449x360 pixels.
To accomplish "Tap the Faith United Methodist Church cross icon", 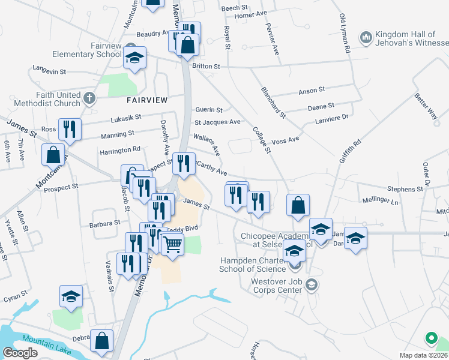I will pyautogui.click(x=89, y=98).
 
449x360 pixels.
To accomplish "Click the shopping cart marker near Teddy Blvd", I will pyautogui.click(x=172, y=244).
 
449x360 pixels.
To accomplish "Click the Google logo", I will pyautogui.click(x=20, y=353).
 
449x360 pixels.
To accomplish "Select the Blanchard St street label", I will pyautogui.click(x=273, y=101).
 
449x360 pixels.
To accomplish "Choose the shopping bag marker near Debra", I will pyautogui.click(x=102, y=340).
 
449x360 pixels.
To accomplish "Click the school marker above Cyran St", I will pyautogui.click(x=71, y=296).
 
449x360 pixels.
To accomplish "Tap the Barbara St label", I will pyautogui.click(x=105, y=223).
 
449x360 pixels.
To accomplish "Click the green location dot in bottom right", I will pyautogui.click(x=430, y=338).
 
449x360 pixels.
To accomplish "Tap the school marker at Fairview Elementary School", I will pyautogui.click(x=135, y=58).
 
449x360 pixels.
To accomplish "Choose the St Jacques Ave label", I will pyautogui.click(x=217, y=122).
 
